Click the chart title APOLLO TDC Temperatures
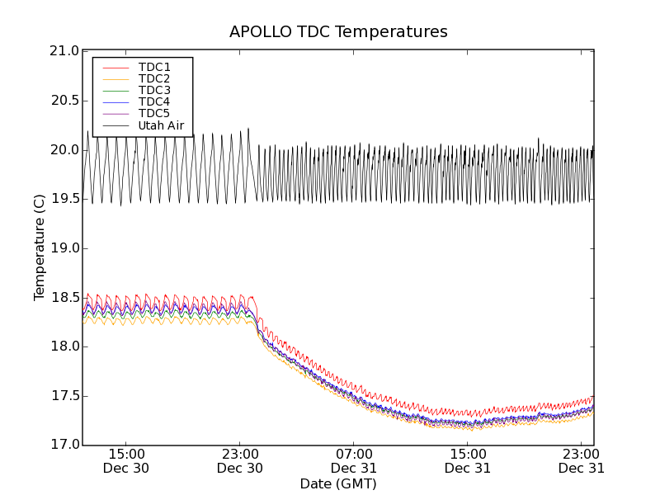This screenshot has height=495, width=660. coord(338,32)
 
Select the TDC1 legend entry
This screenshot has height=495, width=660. coord(154,67)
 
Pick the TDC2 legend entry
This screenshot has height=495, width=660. coord(154,78)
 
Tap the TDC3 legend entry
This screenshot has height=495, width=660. coord(154,90)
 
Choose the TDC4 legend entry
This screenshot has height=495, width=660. coord(154,101)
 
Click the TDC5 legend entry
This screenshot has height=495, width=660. coord(154,113)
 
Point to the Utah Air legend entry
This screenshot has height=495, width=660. coord(161,125)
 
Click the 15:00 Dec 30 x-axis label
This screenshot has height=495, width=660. coord(126,460)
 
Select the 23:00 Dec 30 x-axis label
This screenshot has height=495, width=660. coord(240,460)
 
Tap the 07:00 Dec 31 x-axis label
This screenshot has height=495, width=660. coord(354,460)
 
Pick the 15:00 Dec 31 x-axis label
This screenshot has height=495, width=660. coord(468,460)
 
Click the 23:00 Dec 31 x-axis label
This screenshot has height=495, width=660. coord(582,460)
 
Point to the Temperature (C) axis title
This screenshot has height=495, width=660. coord(40,247)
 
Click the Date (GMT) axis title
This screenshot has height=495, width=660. coord(338,483)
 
